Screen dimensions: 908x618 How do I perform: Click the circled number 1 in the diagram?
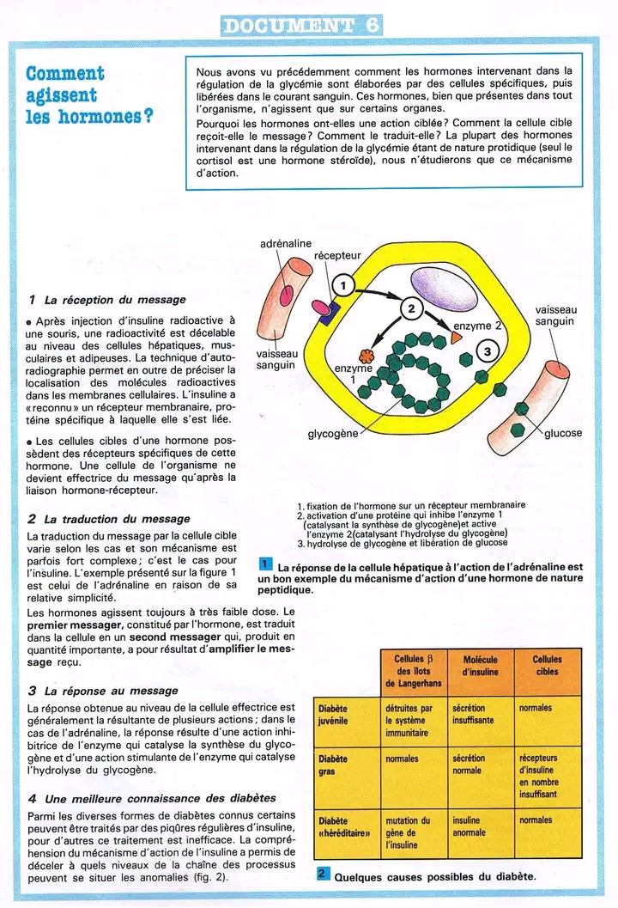click(341, 285)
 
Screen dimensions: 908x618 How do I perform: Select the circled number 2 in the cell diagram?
click(411, 309)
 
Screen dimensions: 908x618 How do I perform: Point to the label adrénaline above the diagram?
click(285, 244)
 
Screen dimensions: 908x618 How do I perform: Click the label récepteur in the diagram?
click(338, 256)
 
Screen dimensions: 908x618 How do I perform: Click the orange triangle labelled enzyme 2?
click(457, 338)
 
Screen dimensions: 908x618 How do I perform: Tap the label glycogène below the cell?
click(333, 434)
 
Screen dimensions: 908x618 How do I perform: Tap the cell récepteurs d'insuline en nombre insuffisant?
click(539, 777)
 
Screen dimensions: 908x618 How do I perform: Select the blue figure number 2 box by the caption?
click(322, 874)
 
